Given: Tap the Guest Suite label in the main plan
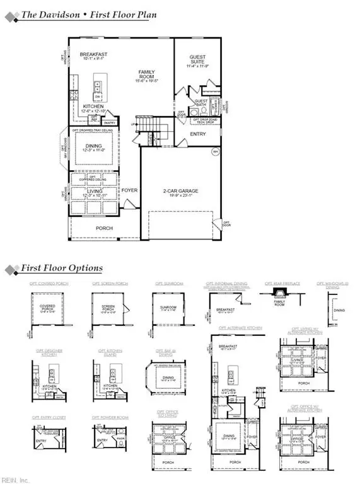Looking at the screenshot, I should click(x=197, y=60).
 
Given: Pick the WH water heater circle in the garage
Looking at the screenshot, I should click(x=215, y=151).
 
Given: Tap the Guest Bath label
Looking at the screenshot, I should click(x=201, y=103).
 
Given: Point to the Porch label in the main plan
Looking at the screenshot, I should click(x=104, y=228).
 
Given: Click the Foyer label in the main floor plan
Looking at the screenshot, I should click(x=129, y=190).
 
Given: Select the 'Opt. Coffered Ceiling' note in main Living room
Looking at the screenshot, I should click(x=98, y=178).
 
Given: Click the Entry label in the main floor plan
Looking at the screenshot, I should click(x=197, y=134).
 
